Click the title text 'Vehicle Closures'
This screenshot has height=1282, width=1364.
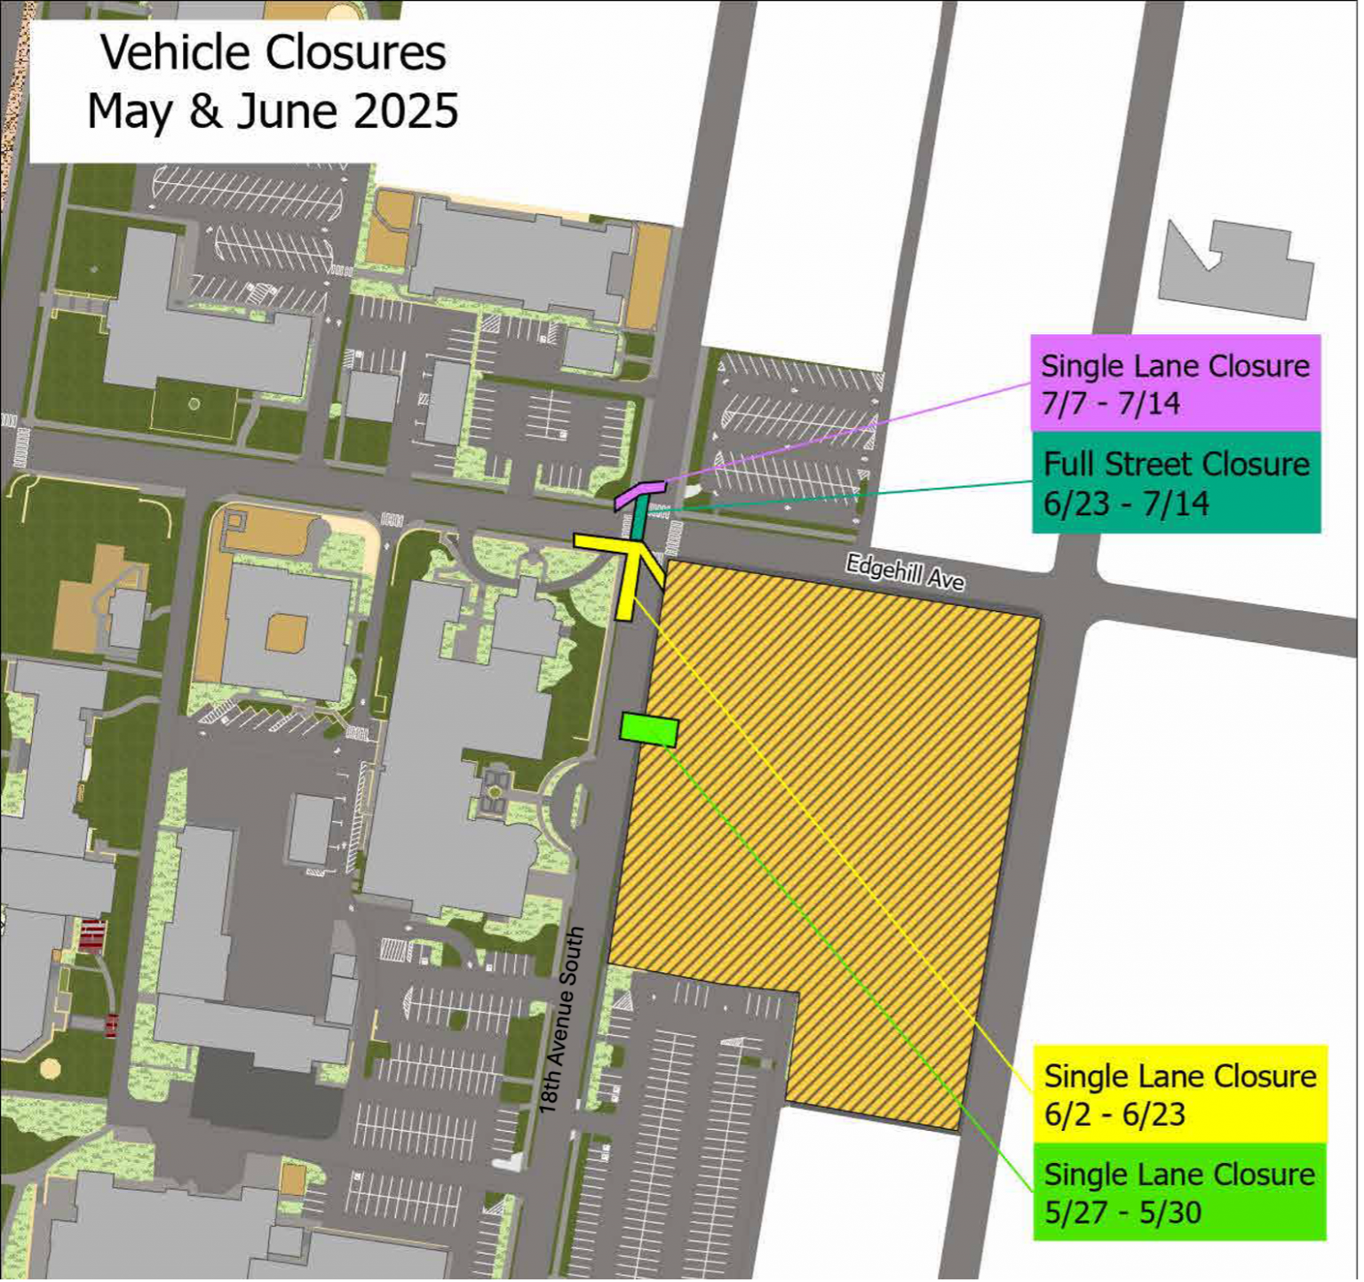click(x=273, y=52)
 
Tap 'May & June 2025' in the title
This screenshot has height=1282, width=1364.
click(x=273, y=112)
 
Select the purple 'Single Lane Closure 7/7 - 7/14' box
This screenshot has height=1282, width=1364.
click(x=1175, y=383)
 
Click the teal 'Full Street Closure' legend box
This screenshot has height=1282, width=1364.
click(x=1176, y=482)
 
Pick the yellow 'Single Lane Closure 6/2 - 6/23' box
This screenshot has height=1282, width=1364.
click(x=1179, y=1094)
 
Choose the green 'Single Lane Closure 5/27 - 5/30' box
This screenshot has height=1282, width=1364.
click(x=1179, y=1191)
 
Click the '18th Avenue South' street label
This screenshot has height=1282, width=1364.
click(x=561, y=1020)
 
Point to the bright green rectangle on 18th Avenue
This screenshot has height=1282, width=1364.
click(x=649, y=729)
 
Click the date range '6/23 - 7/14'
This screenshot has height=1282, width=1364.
click(x=1125, y=504)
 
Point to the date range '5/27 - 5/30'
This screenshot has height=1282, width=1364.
click(x=1122, y=1212)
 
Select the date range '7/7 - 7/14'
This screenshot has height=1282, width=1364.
click(x=1110, y=403)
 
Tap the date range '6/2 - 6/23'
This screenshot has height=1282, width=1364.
click(x=1114, y=1114)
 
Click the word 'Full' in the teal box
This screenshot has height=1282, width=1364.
click(x=1068, y=464)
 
